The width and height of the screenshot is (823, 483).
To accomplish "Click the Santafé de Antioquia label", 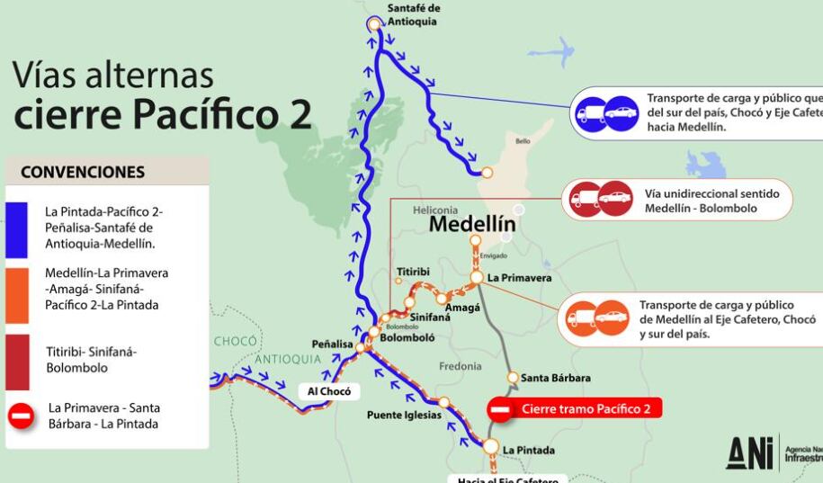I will tap(414, 14).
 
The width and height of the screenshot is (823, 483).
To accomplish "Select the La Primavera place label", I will tap(519, 278).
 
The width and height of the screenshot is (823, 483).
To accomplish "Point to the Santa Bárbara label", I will tap(555, 378).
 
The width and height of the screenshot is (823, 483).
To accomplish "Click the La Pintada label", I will tap(529, 450).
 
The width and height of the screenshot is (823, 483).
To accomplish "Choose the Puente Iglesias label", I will tap(404, 415).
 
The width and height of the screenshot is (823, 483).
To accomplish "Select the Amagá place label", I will tap(462, 308).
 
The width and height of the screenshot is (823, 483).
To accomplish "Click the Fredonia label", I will tap(460, 366).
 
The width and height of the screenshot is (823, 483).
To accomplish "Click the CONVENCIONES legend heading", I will tap(83, 172).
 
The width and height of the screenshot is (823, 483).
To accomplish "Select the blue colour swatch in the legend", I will tap(17, 227).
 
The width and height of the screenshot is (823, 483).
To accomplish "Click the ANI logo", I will tap(749, 452).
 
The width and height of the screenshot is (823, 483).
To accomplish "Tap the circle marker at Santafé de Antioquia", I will tap(374, 24).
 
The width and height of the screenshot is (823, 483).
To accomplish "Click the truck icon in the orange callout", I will tap(580, 318).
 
